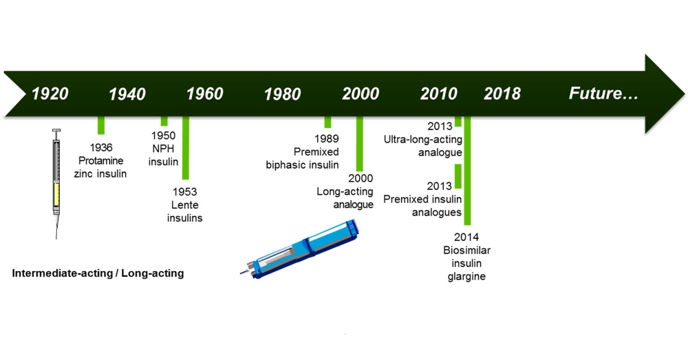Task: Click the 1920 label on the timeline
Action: (50, 94)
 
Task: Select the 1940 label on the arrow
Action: (127, 94)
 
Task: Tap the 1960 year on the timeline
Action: (205, 94)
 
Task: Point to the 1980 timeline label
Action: (283, 94)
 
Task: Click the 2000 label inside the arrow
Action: (361, 94)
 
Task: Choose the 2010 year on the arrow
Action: (439, 94)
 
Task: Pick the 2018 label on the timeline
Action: (502, 94)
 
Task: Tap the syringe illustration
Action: (56, 182)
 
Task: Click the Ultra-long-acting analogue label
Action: (422, 140)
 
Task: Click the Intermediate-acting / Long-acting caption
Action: (98, 273)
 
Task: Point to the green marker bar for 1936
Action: (101, 125)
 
